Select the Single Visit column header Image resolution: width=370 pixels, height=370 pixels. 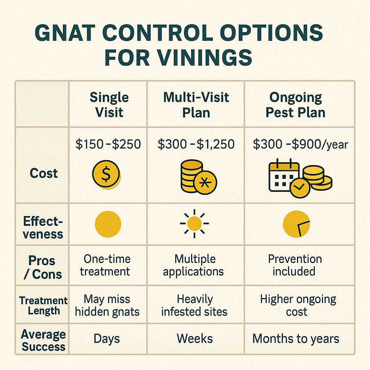109,104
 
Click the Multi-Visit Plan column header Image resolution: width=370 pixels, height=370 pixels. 195,104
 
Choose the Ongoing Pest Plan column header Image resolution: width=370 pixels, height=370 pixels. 296,104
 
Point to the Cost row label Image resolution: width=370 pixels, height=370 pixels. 44,173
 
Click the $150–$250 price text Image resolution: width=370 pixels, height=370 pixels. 108,145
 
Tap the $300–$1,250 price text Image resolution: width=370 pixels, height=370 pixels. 196,145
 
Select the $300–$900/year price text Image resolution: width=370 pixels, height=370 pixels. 300,145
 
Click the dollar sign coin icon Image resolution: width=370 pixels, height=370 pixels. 106,175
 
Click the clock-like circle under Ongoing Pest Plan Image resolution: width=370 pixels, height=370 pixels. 296,224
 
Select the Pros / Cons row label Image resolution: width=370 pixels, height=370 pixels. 42,267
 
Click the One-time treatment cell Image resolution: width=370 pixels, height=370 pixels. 107,265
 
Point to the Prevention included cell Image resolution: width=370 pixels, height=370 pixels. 295,265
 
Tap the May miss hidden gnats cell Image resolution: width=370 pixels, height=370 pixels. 107,305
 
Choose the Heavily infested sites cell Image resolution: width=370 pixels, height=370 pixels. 194,305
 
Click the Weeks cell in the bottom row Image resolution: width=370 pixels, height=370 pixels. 194,339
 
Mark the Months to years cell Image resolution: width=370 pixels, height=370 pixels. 296,339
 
